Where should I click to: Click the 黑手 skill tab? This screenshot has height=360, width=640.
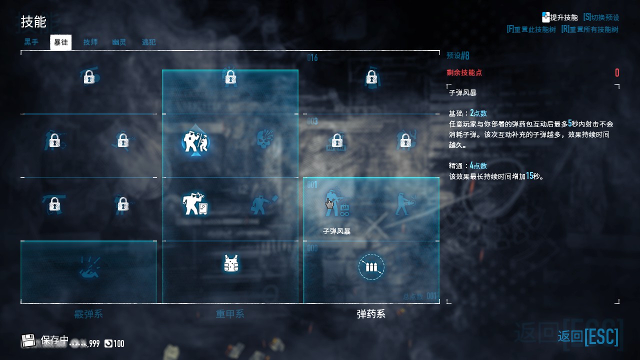tap(31, 42)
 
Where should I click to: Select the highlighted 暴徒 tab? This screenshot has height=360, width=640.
tap(61, 42)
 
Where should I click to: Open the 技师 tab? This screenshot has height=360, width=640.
tap(90, 42)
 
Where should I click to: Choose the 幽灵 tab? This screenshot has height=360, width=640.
tap(119, 42)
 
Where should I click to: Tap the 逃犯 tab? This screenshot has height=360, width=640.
tap(148, 42)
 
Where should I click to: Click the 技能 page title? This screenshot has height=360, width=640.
tap(33, 21)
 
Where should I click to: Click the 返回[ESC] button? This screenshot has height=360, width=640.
tap(588, 336)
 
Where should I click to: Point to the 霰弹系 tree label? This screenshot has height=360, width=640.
tap(88, 314)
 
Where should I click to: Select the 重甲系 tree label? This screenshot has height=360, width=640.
tap(230, 314)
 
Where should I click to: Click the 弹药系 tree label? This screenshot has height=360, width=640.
tap(371, 314)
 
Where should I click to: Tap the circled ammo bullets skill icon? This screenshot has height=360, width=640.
tap(371, 267)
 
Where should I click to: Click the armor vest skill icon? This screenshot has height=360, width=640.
tap(230, 263)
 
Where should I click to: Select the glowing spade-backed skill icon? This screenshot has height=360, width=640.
tap(195, 142)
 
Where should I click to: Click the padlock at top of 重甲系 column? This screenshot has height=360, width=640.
tap(230, 77)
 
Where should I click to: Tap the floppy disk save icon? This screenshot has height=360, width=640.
tap(28, 341)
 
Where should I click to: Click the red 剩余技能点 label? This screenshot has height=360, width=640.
tap(464, 72)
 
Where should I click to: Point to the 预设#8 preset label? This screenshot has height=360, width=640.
tap(458, 55)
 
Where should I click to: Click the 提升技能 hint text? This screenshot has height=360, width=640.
tap(564, 17)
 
